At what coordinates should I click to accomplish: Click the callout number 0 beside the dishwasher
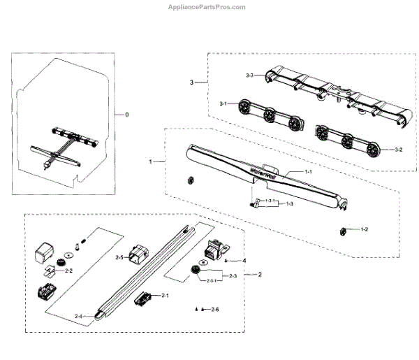(x=126, y=114)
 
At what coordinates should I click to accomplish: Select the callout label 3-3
(x=251, y=73)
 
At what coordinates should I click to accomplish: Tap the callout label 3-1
(x=223, y=103)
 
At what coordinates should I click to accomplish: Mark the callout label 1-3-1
(x=272, y=201)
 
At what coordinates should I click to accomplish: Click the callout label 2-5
(x=119, y=258)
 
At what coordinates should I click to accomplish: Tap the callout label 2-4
(x=80, y=317)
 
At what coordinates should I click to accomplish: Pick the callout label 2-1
(x=165, y=296)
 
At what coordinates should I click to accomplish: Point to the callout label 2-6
(x=214, y=309)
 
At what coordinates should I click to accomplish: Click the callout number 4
(x=244, y=261)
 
